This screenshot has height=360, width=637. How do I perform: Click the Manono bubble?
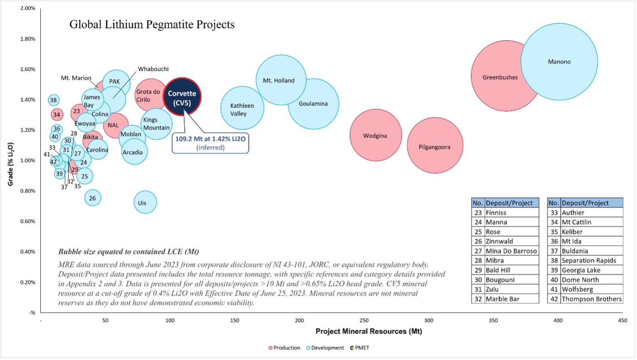point(559,61)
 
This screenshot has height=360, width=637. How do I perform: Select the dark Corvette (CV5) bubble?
point(182,97)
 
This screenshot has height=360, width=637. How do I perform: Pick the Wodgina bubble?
point(375,135)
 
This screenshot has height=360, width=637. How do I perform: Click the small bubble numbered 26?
point(93,198)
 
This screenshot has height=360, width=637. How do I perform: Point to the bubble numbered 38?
point(53,100)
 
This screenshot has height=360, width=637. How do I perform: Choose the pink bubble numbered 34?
point(57,115)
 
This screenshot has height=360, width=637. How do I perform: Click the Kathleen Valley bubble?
point(242,109)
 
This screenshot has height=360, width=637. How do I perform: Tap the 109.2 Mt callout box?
point(210,143)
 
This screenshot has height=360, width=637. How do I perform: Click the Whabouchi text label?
point(153,69)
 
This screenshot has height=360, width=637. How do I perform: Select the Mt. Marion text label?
point(76,78)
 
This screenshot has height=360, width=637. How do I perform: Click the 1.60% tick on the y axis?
point(28,69)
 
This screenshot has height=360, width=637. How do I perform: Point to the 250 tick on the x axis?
point(364,321)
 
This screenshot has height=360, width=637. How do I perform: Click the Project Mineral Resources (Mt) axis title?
point(369,331)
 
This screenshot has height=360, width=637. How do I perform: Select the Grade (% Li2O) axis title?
point(11,164)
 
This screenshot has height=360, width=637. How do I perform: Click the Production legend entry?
point(284,348)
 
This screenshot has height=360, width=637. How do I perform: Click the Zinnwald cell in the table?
point(499,241)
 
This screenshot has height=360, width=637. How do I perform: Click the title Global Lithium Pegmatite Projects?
point(152,24)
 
